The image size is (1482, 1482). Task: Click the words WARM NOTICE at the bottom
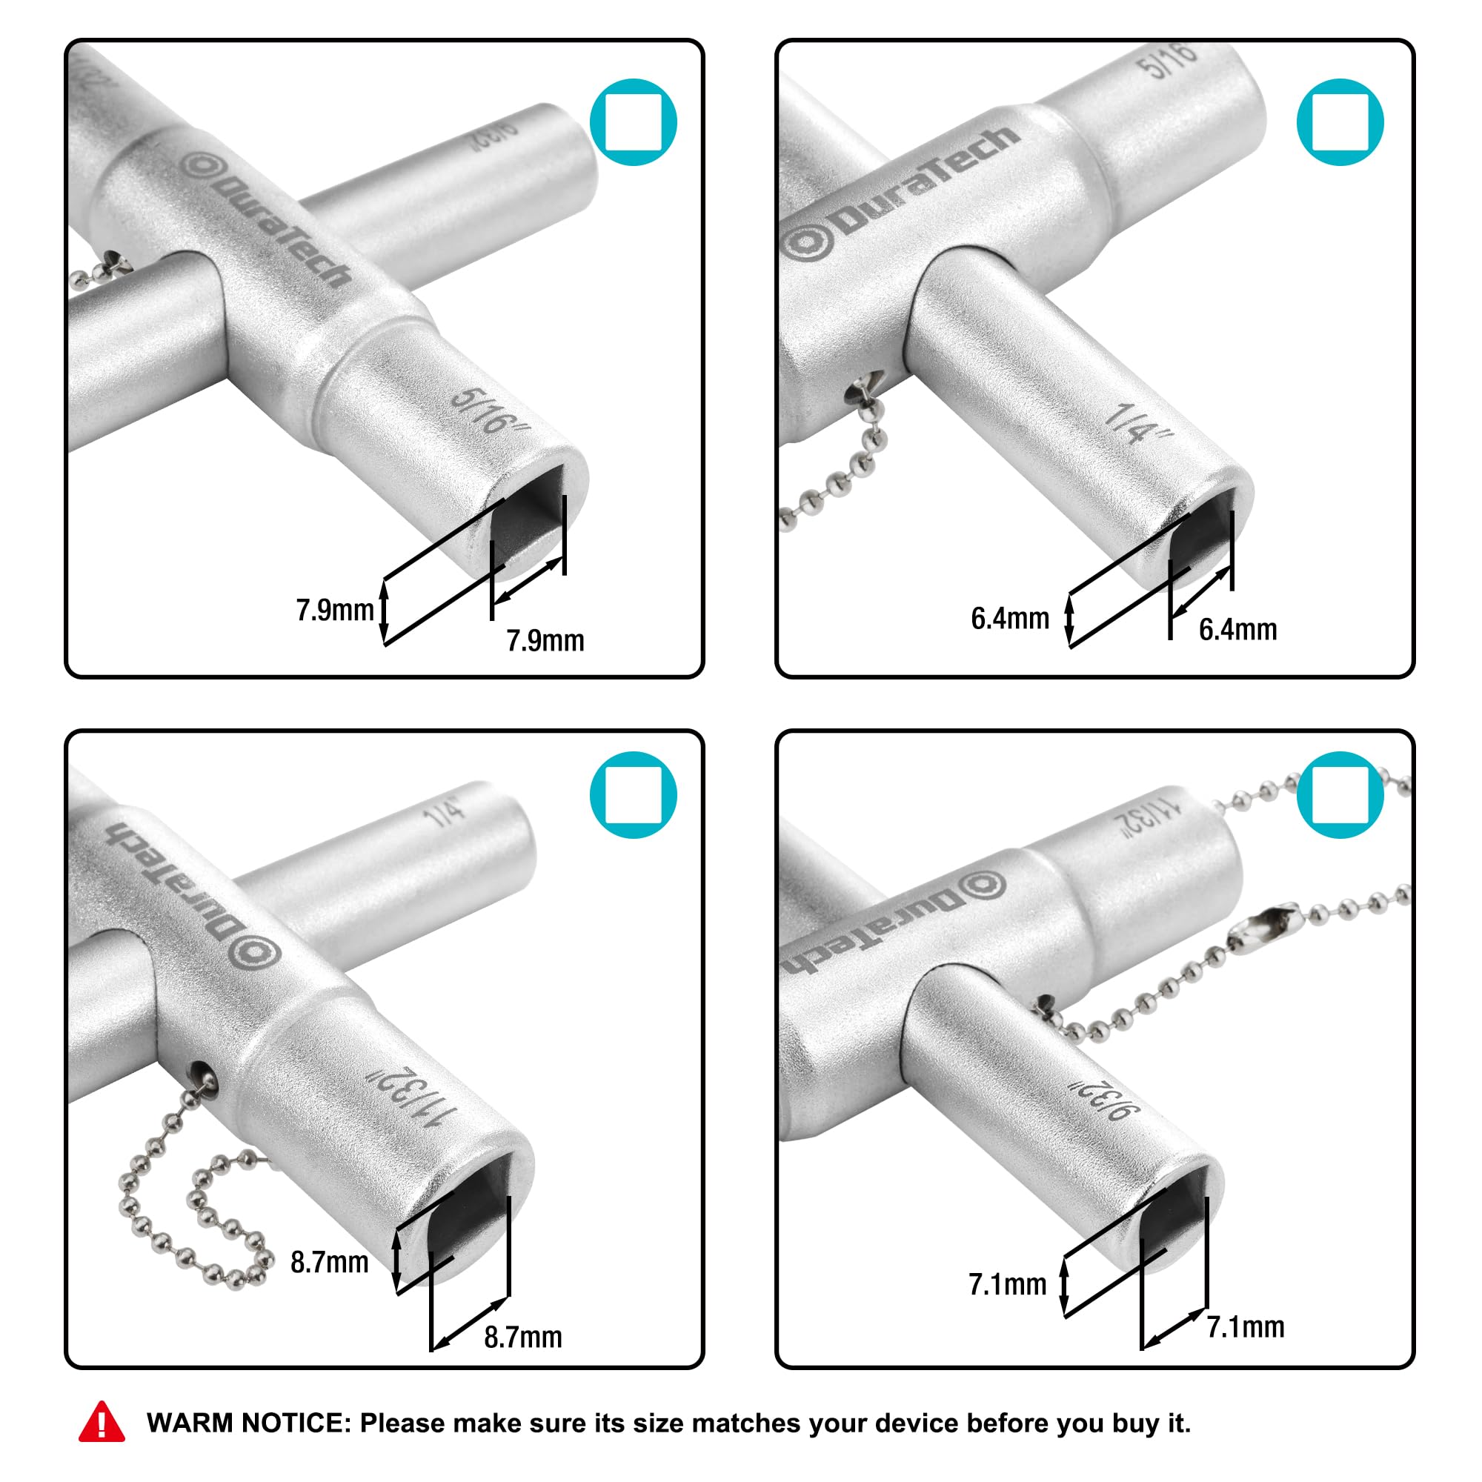248,1423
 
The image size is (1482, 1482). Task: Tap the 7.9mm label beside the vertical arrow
334,611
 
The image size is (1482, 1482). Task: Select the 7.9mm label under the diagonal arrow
545,640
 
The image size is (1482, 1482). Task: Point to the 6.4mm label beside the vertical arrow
1009,618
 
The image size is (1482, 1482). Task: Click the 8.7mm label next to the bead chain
329,1262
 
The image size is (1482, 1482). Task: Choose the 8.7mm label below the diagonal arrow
522,1337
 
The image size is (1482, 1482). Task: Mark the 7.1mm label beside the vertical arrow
1007,1284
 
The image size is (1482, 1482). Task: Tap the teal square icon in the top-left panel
633,122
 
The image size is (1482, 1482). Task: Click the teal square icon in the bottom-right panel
1340,794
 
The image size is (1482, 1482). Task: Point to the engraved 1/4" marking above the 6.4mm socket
1139,423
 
